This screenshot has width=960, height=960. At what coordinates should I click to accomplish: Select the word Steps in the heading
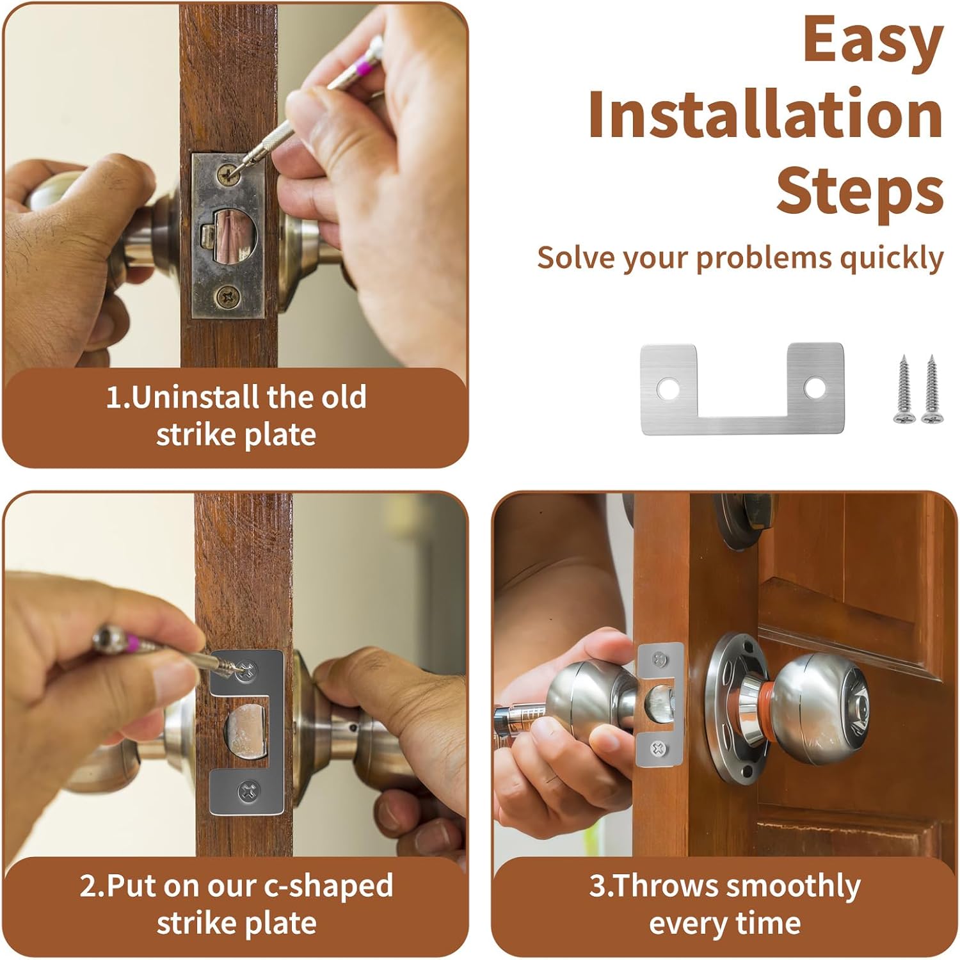coord(860,191)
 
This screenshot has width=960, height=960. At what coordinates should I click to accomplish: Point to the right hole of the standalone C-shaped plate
coord(815,387)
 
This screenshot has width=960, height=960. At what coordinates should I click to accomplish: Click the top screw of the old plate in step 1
coord(227,173)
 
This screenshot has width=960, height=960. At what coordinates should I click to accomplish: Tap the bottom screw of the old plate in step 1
coord(227,296)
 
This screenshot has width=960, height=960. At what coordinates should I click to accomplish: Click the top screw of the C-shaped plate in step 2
coord(247,671)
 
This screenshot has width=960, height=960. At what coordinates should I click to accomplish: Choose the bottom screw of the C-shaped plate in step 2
coord(248,792)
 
